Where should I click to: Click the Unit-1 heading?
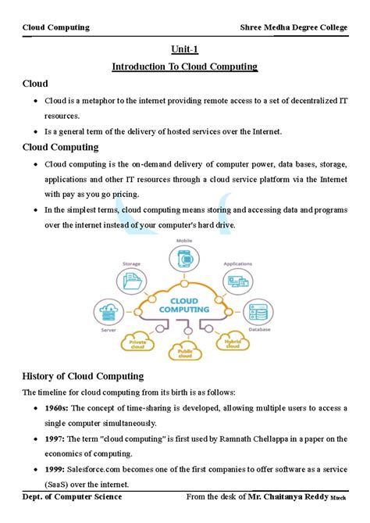185,48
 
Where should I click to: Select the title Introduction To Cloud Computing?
185,66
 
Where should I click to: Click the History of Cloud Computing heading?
82,376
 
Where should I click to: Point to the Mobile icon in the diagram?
185,259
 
